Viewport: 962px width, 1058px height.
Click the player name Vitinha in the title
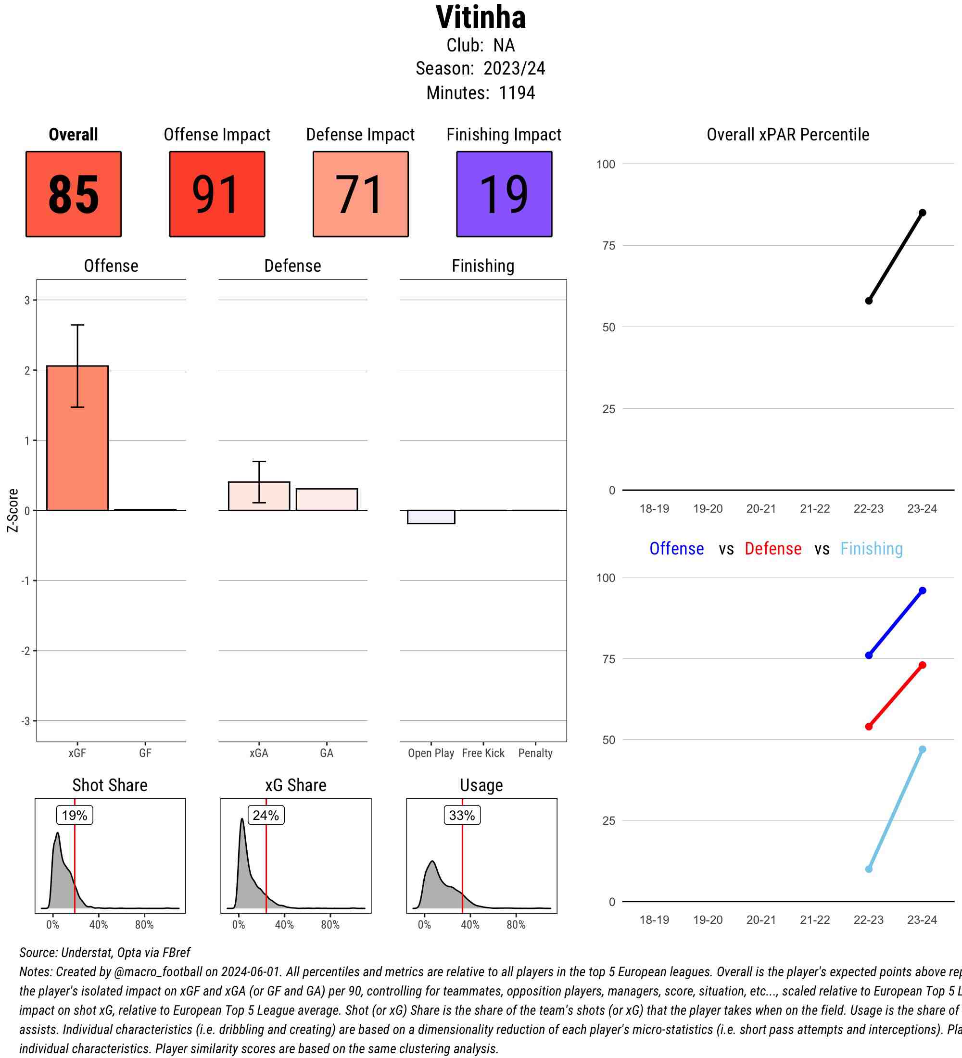pos(480,17)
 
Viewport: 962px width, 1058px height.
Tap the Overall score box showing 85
pos(74,194)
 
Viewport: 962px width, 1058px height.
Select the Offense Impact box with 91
pos(217,194)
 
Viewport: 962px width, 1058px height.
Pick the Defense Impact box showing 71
pos(361,194)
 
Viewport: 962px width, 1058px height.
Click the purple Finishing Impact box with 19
pos(504,194)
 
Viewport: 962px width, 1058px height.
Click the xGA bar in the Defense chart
pos(259,496)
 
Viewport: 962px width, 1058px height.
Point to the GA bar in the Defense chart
pos(327,500)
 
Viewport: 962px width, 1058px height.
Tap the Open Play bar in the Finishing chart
pos(431,517)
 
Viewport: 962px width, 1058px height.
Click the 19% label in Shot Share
pos(75,815)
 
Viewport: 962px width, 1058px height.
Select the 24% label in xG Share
pos(266,815)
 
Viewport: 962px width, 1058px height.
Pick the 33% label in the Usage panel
pos(462,815)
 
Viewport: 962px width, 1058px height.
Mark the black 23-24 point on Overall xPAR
pos(922,213)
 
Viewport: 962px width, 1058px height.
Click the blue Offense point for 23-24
pos(922,591)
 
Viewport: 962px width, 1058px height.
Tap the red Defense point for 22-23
pos(869,726)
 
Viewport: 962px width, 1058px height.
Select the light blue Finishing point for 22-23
pos(869,869)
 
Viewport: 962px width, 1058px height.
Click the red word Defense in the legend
pos(772,548)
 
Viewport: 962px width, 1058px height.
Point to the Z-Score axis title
pos(13,510)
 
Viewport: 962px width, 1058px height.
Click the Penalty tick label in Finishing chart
pos(535,753)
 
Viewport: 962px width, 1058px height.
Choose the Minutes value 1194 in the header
pos(517,93)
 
